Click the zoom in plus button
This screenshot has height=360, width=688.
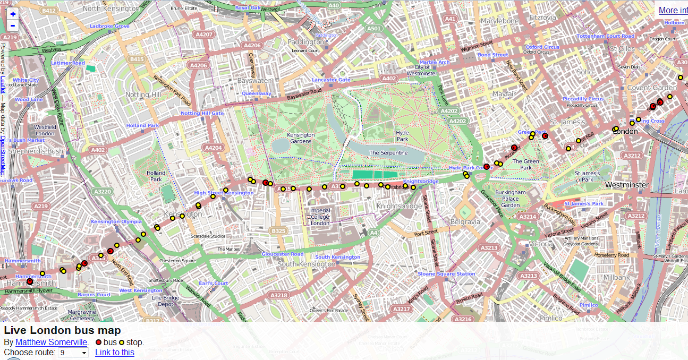13,14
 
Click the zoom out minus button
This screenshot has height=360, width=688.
13,25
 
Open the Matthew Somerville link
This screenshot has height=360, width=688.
51,342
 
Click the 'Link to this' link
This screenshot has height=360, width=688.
115,353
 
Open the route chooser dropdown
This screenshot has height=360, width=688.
73,353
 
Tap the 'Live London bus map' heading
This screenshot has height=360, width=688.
62,331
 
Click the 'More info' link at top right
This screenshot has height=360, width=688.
673,10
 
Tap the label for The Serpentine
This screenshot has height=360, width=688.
388,153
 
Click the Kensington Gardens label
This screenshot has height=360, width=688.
301,138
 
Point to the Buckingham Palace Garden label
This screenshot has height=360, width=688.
510,199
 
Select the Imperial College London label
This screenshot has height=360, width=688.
320,217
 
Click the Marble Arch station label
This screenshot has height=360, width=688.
435,62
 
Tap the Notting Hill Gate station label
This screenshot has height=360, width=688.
202,113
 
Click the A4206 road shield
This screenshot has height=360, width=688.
252,46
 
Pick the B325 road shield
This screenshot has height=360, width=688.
278,231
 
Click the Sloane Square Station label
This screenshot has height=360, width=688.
446,274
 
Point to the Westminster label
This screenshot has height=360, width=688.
627,185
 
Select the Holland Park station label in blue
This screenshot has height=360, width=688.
142,126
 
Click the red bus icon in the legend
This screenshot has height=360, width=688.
98,342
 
